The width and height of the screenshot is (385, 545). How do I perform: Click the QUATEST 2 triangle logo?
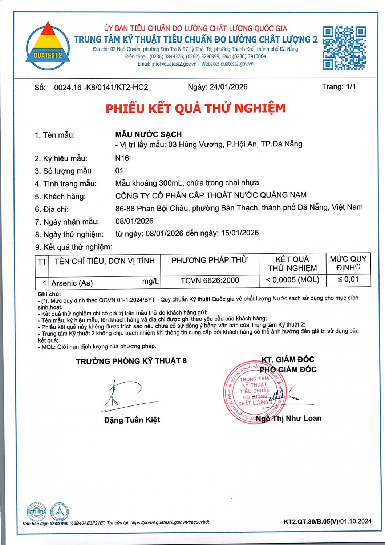48,46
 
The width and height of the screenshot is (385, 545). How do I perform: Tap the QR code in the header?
344,48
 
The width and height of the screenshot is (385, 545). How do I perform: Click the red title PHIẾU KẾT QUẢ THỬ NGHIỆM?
195,108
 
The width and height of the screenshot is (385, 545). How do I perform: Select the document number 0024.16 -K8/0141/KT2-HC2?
101,87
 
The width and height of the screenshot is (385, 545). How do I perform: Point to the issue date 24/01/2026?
228,87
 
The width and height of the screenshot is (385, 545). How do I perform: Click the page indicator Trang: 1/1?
339,86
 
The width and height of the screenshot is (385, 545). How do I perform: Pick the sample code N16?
122,158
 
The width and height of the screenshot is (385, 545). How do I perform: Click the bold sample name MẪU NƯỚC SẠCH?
148,134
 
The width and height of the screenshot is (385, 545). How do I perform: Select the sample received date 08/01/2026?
134,221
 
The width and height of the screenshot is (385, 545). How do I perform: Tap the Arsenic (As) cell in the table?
72,283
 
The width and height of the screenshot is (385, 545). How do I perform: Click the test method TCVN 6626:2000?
210,280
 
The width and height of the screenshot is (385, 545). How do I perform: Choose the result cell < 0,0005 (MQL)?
292,280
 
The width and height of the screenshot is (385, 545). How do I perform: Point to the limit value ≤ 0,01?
348,279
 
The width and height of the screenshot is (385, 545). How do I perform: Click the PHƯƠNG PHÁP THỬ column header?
210,260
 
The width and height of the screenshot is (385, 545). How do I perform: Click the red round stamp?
255,392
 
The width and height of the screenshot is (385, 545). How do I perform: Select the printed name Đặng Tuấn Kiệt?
132,420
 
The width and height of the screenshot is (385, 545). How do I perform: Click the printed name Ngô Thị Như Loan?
288,419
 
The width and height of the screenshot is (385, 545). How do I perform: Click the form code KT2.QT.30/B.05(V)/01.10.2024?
327,521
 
